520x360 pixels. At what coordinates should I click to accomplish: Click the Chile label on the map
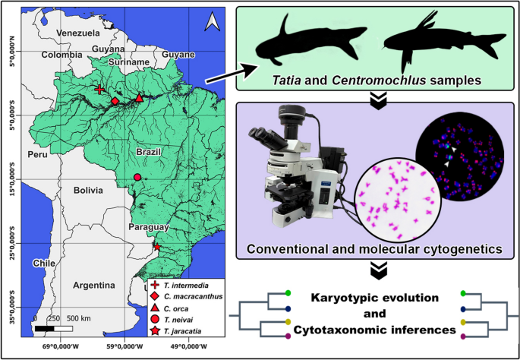pyautogui.click(x=45, y=263)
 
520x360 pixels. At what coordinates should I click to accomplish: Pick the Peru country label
pyautogui.click(x=37, y=154)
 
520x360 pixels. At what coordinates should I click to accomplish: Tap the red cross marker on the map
pyautogui.click(x=99, y=90)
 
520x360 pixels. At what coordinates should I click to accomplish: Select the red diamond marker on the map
pyautogui.click(x=115, y=101)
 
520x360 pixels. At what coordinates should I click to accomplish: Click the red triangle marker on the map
pyautogui.click(x=139, y=99)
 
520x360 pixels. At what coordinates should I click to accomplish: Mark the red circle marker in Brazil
pyautogui.click(x=137, y=178)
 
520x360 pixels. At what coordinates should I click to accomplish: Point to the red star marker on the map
pyautogui.click(x=156, y=248)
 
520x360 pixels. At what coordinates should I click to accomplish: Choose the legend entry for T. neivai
pyautogui.click(x=178, y=320)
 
